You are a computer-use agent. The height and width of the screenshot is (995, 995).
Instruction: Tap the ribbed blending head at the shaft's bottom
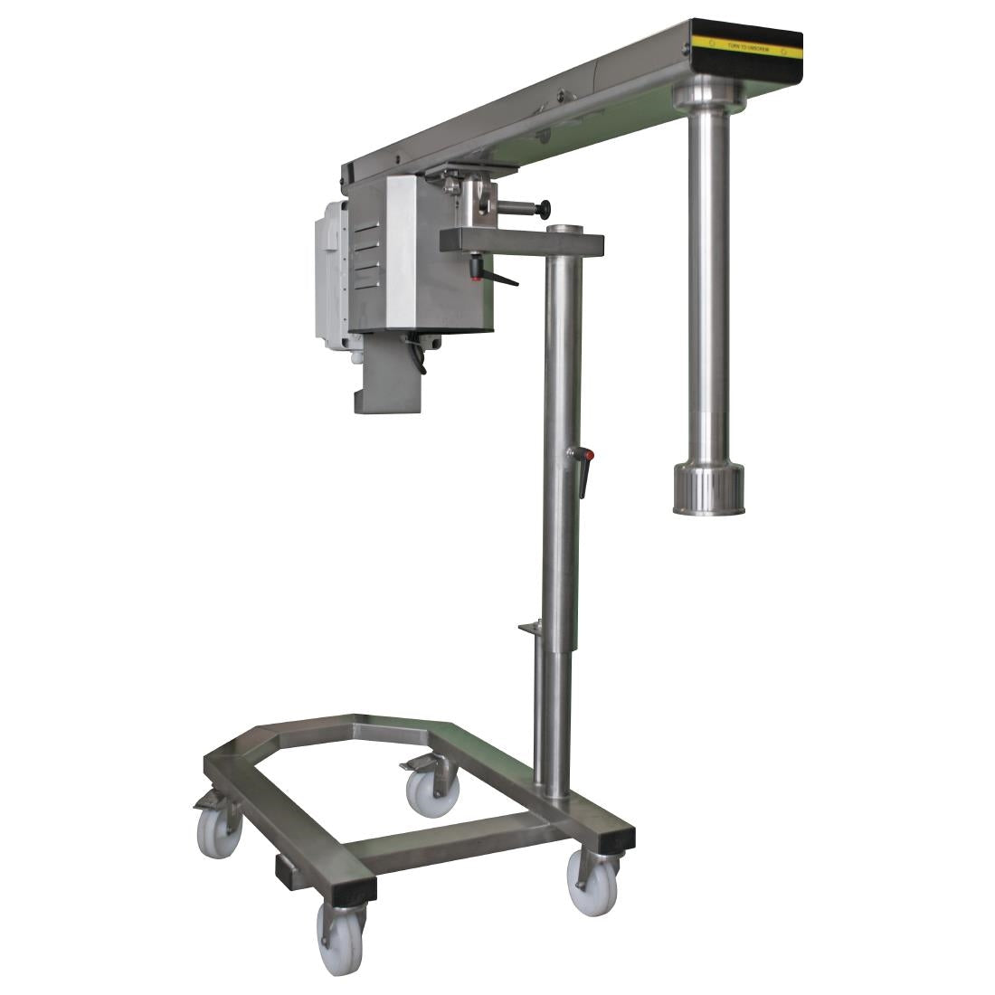(x=708, y=489)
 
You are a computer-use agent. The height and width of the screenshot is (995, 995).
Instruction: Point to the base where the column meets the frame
(x=554, y=796)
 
